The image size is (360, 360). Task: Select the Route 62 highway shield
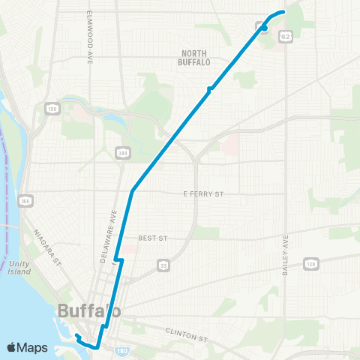pos(285,35)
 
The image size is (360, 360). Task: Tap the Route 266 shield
pos(26,201)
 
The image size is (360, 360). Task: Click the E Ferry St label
pos(204,194)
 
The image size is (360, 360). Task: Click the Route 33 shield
pos(163,265)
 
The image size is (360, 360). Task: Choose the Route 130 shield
pos(310,263)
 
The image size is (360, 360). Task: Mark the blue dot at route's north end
pos(264,28)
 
